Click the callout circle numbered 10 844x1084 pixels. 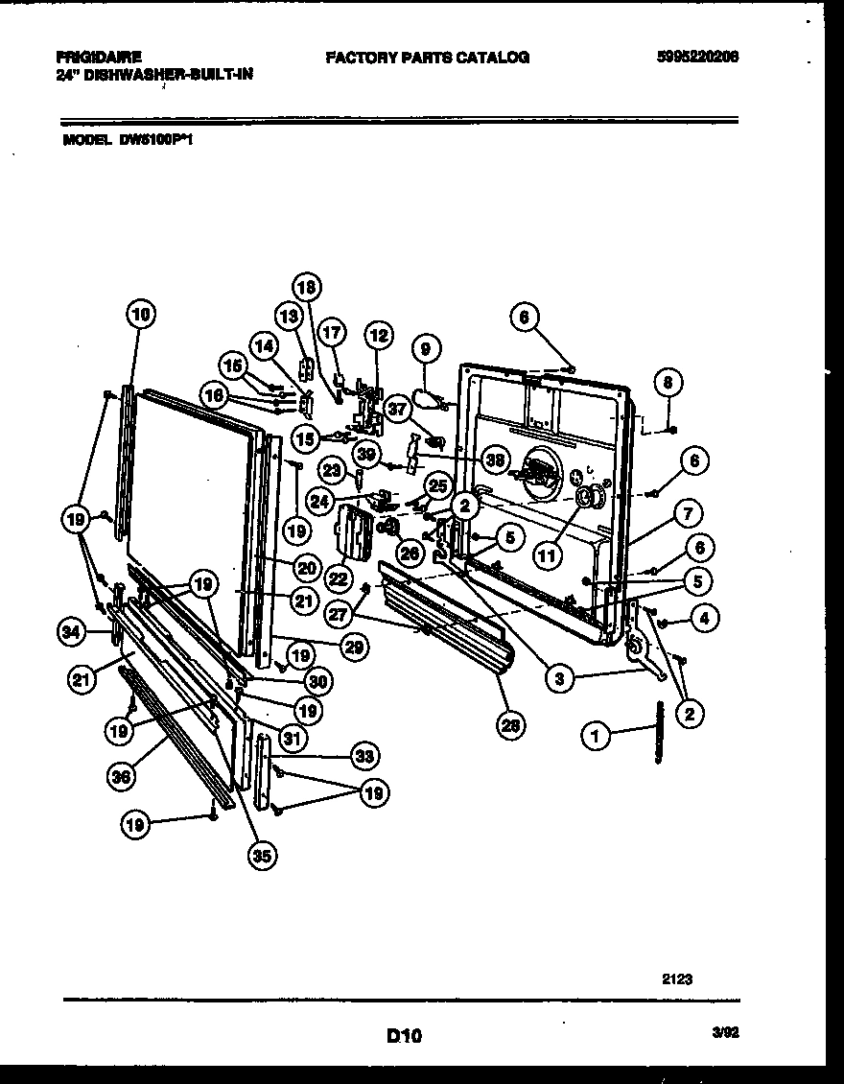(140, 313)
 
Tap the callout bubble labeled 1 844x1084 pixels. (597, 737)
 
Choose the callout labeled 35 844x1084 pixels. (260, 858)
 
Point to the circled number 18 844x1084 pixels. (307, 286)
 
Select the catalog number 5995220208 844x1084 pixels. (697, 58)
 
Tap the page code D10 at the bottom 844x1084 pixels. (404, 1035)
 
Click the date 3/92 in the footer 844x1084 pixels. (725, 1034)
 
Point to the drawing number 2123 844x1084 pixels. (677, 978)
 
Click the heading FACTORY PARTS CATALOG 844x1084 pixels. (427, 58)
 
